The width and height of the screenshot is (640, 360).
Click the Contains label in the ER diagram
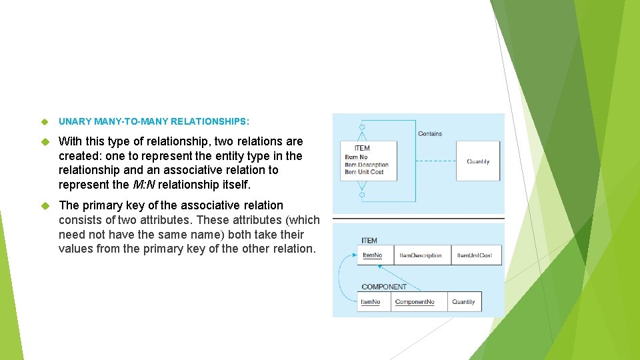(x=430, y=134)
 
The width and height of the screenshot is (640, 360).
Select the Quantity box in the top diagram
(x=478, y=161)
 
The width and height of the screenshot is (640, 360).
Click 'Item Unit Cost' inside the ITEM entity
(x=364, y=172)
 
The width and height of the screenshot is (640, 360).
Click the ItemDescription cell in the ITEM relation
(x=421, y=255)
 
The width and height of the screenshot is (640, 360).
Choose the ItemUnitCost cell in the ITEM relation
(x=475, y=255)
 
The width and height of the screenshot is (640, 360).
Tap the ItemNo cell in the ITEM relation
(x=372, y=255)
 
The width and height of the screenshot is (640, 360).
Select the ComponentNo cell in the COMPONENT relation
(x=415, y=302)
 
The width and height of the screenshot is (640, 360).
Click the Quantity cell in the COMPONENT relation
(x=463, y=302)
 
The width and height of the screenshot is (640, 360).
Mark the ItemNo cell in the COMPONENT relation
(x=371, y=302)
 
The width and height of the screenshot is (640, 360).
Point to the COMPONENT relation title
(x=384, y=287)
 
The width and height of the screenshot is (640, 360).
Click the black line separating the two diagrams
(x=419, y=219)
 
